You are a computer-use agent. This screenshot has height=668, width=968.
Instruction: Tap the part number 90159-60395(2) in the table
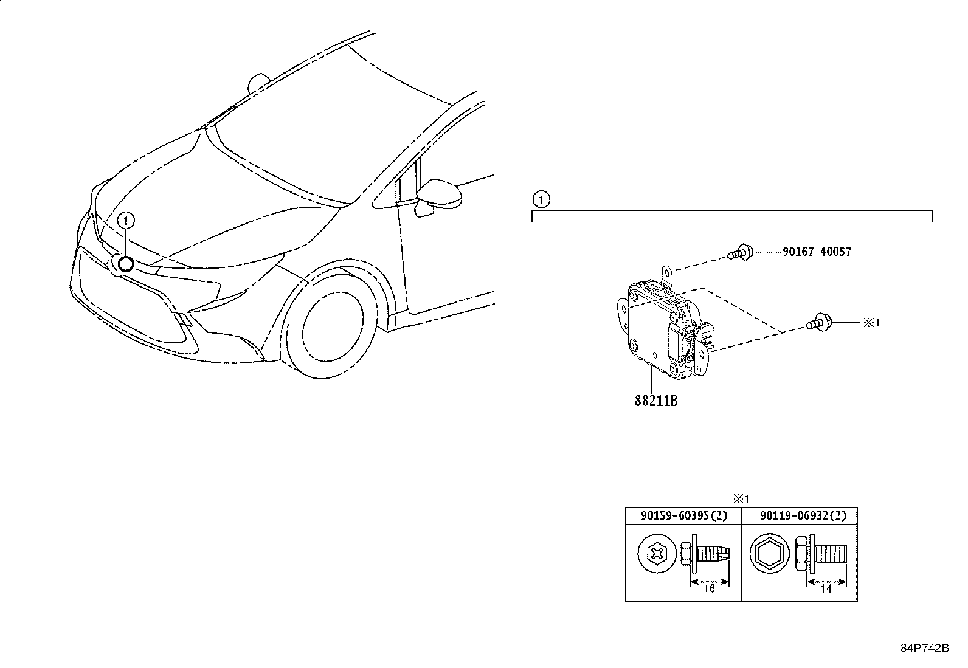coord(683,516)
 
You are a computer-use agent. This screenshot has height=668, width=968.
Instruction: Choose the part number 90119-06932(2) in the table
coord(799,516)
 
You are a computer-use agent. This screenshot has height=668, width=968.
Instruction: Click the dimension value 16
coord(708,588)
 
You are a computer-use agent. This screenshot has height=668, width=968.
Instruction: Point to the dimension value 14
coord(826,588)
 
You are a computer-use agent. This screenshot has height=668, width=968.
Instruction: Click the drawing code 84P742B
coord(924,648)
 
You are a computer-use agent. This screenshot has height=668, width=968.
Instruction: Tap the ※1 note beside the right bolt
coord(871,323)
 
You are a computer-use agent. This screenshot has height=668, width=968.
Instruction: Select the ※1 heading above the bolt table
coord(741,499)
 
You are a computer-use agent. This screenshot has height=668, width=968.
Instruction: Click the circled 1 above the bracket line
coord(541,199)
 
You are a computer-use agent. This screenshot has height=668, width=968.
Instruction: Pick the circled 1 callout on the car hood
coord(126,221)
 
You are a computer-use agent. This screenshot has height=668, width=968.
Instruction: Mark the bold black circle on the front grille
coord(126,264)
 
